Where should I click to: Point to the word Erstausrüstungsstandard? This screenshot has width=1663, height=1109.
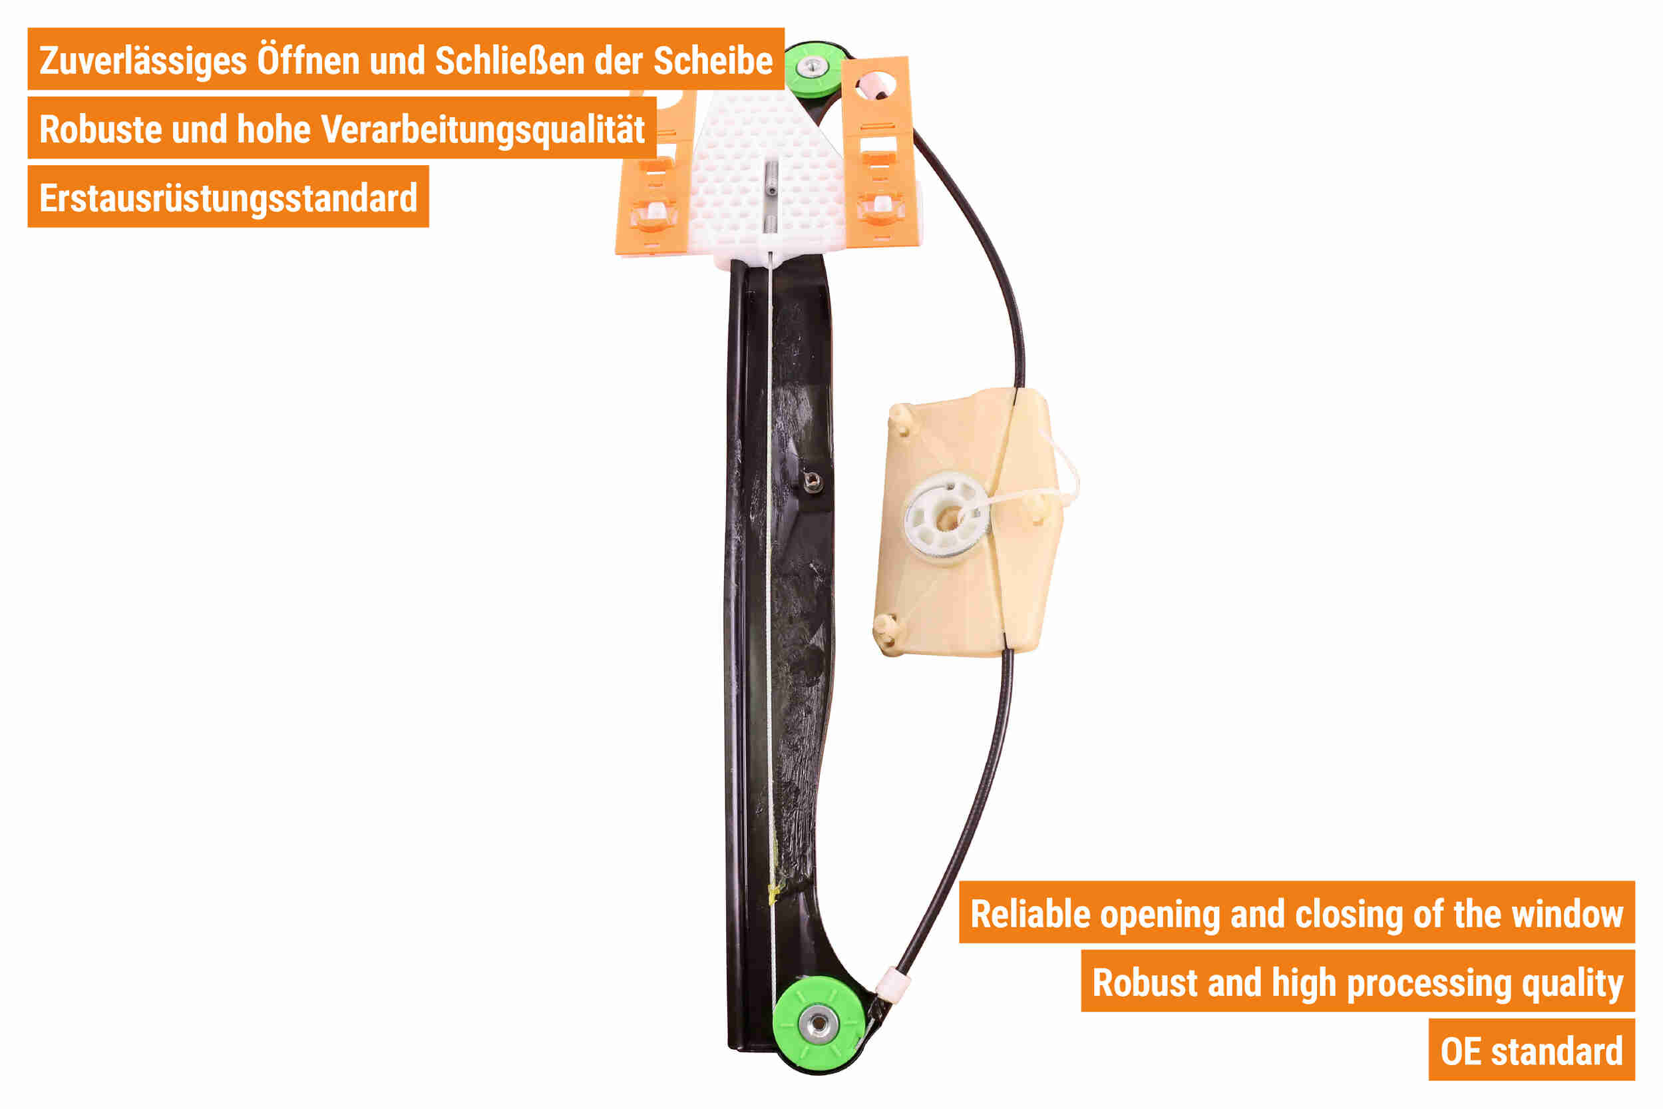(x=228, y=199)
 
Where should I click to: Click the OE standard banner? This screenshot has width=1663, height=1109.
(x=1531, y=1052)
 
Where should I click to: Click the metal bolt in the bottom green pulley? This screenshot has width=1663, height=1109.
(x=818, y=1022)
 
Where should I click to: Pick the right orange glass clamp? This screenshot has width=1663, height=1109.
(x=879, y=156)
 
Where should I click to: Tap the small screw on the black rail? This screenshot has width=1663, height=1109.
(x=813, y=483)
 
